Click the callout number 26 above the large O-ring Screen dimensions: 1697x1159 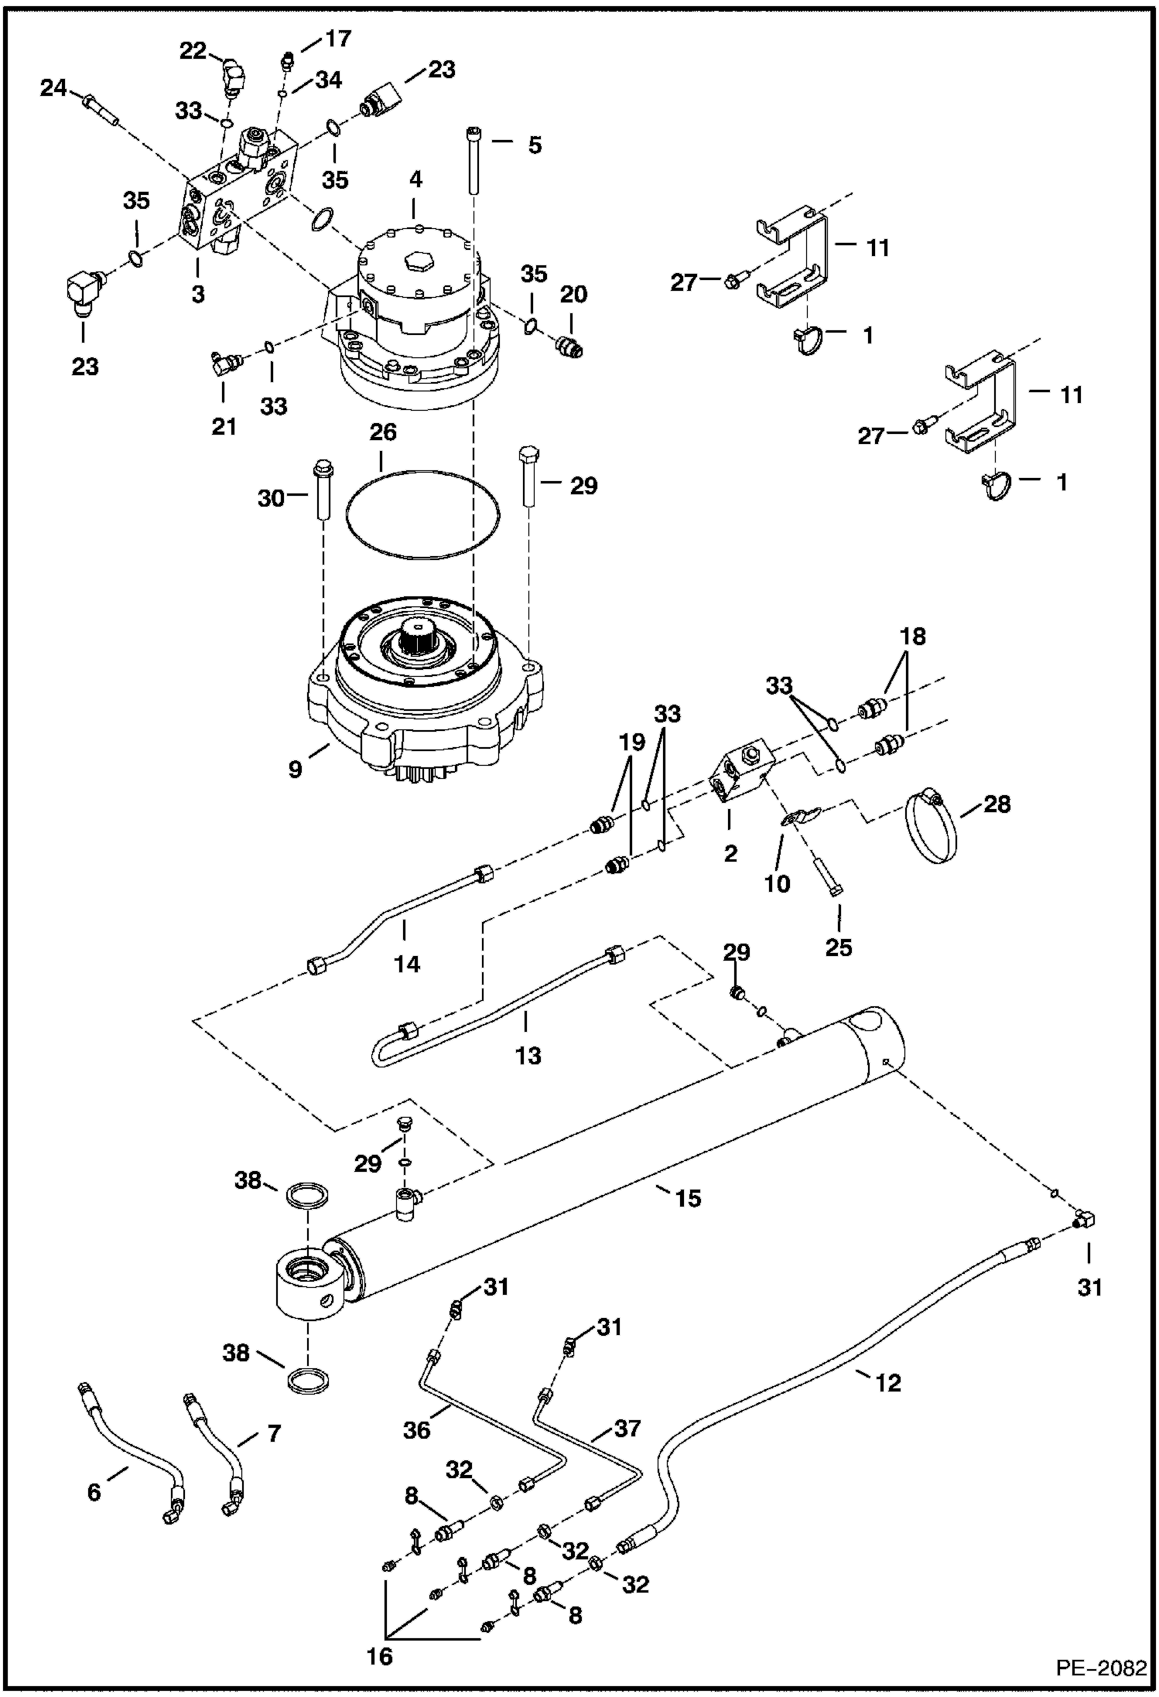382,432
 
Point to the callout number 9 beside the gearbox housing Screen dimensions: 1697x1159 296,770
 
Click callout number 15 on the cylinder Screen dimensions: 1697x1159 687,1198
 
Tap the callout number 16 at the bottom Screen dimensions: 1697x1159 381,1654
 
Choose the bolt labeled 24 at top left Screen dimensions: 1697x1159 99,108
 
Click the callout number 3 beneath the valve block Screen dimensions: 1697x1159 198,295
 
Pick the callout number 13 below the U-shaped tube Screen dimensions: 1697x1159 528,1055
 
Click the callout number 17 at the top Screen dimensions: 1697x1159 338,38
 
